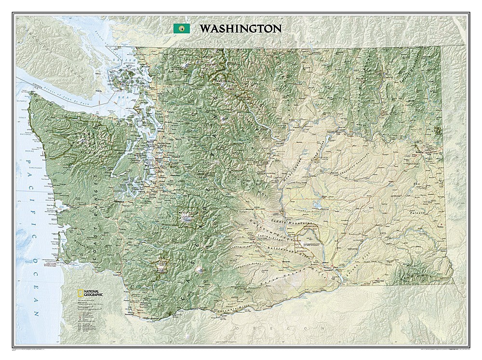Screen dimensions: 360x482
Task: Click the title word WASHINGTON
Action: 241,28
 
